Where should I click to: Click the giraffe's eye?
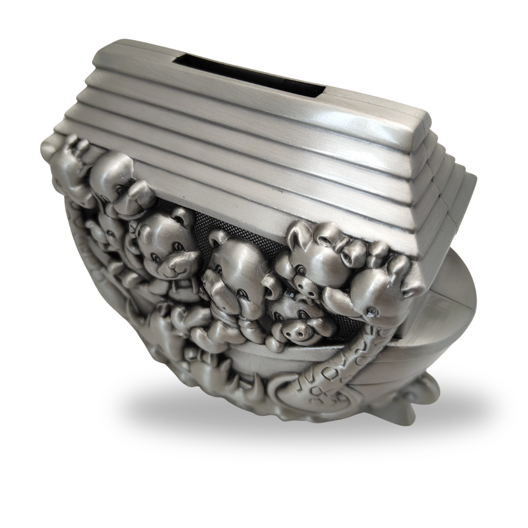(x=374, y=309)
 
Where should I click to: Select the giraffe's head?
(x=386, y=288)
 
